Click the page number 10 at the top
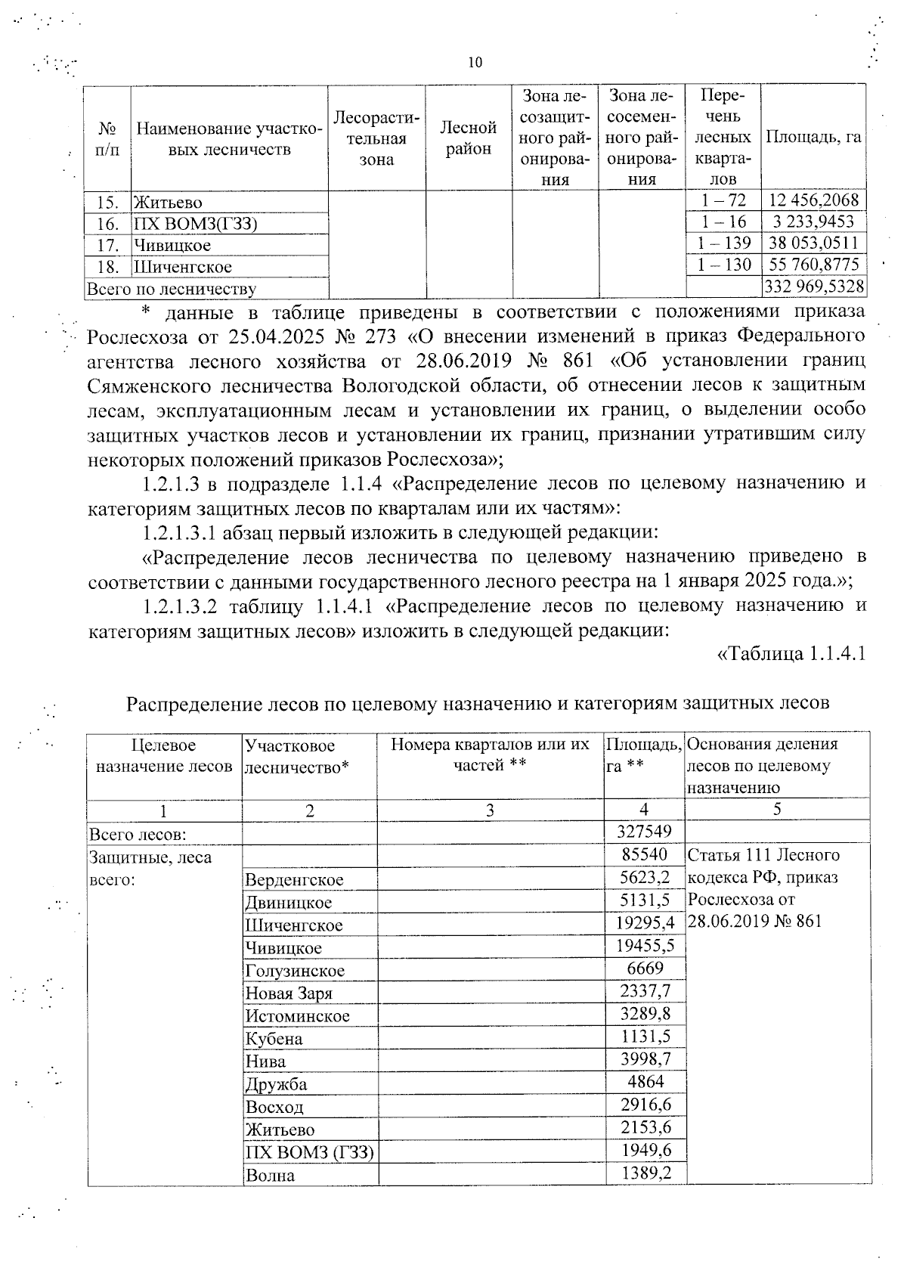pyautogui.click(x=475, y=63)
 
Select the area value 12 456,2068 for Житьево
pyautogui.click(x=813, y=201)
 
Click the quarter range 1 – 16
pyautogui.click(x=723, y=222)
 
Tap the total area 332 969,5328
pyautogui.click(x=813, y=287)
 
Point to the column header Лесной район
pyautogui.click(x=469, y=138)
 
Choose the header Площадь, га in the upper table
pyautogui.click(x=813, y=138)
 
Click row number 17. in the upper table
pyautogui.click(x=108, y=245)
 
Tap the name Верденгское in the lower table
pyautogui.click(x=294, y=880)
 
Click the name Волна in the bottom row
pyautogui.click(x=270, y=1176)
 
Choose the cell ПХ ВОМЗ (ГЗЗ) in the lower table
pyautogui.click(x=309, y=1152)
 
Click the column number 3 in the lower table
pyautogui.click(x=490, y=810)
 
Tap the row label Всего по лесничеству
pyautogui.click(x=172, y=289)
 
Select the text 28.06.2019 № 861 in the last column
pyautogui.click(x=754, y=922)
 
